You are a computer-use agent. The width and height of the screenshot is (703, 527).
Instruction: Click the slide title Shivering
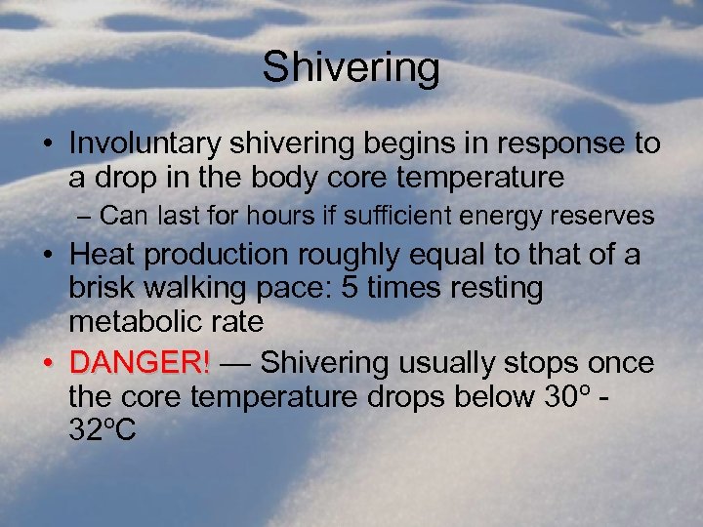pos(351,68)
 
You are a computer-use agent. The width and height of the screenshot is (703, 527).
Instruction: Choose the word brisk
pos(103,288)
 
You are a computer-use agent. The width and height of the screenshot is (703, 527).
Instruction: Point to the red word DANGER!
pos(140,363)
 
